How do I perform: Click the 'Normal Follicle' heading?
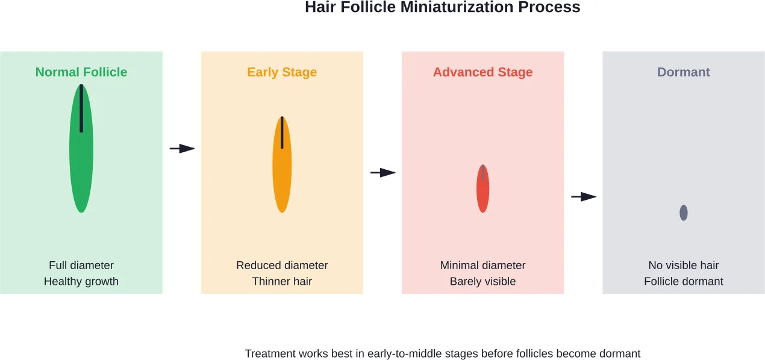tap(81, 72)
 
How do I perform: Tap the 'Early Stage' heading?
tap(282, 72)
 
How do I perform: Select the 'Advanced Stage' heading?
tap(483, 72)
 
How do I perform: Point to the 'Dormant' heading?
tap(683, 72)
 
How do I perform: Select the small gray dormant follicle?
tap(683, 213)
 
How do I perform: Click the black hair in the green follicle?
tap(81, 108)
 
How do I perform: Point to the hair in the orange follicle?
tap(282, 132)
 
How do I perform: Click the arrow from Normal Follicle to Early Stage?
tap(183, 149)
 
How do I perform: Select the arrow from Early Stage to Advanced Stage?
tap(383, 173)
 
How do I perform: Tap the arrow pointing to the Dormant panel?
tap(584, 196)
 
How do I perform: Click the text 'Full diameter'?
tap(81, 265)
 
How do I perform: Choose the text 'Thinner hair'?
tap(282, 281)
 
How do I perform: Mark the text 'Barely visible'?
tap(483, 281)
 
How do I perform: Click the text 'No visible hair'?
tap(683, 265)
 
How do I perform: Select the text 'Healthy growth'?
tap(81, 281)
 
